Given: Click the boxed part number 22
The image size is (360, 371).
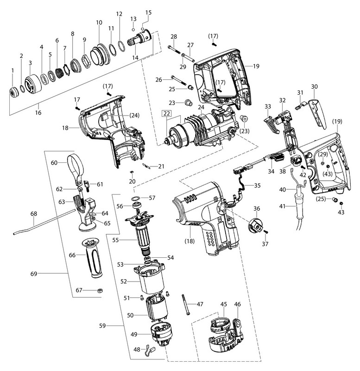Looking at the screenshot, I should coord(166,113).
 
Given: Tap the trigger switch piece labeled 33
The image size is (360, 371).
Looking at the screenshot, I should coord(270,124).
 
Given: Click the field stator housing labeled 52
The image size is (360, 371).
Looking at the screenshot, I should coord(150,281).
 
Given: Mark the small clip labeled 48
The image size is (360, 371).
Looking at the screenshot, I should coord(148,349).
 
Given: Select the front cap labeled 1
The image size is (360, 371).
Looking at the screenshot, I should coord(13,91).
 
